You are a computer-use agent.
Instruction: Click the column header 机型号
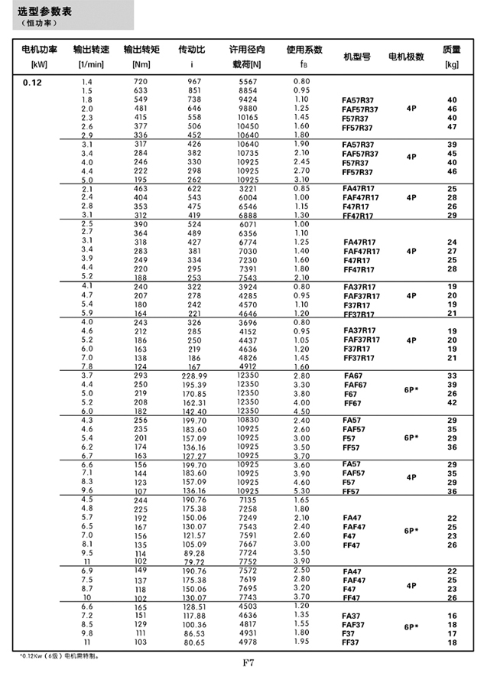tap(356, 57)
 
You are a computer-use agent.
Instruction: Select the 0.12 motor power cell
tap(32, 82)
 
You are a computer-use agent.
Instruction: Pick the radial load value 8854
tap(248, 91)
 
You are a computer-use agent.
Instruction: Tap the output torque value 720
tap(141, 82)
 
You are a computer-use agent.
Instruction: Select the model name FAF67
tap(355, 385)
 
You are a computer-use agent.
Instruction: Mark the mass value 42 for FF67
tap(452, 403)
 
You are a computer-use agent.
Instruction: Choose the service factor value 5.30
tap(301, 492)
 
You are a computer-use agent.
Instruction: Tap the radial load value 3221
tap(248, 189)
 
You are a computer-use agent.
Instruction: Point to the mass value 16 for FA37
tap(452, 616)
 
